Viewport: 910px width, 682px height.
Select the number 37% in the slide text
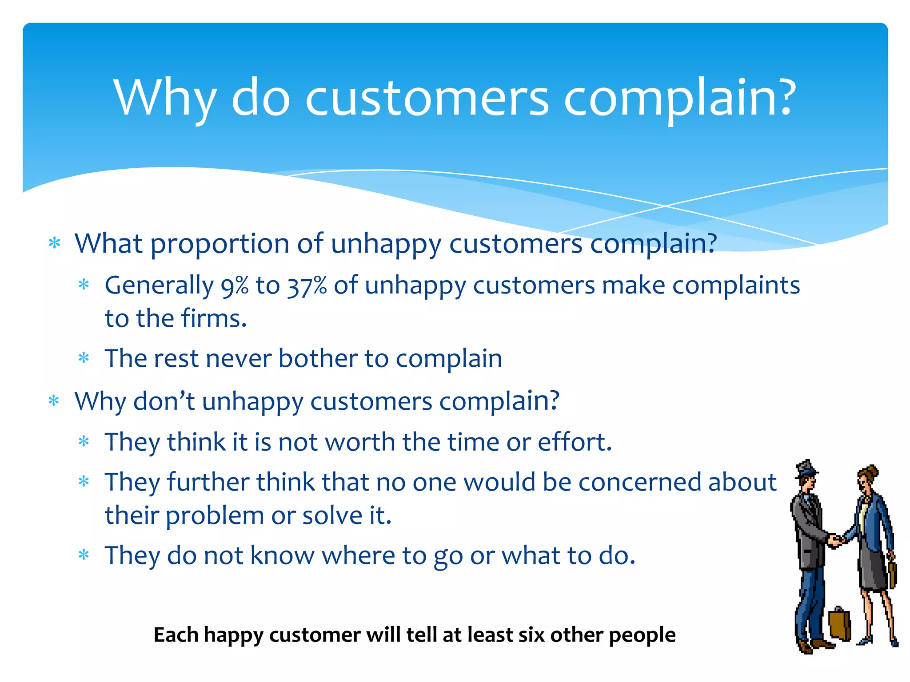(307, 285)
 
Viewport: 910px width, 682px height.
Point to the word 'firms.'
(214, 318)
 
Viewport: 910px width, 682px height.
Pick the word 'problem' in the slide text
(215, 516)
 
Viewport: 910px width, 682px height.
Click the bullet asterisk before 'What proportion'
(54, 243)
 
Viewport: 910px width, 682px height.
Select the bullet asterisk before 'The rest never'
(84, 358)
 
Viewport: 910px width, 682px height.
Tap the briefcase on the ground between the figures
(839, 623)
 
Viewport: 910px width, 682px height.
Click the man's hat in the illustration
(806, 468)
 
